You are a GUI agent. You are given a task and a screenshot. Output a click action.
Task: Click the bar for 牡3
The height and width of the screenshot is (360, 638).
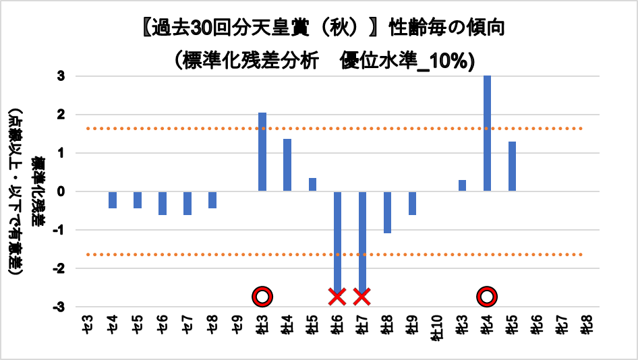tap(262, 152)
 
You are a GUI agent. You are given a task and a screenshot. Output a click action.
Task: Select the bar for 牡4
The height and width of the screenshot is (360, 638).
tap(287, 165)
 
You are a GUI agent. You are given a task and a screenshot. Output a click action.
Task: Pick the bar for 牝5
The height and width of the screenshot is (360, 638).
tap(512, 167)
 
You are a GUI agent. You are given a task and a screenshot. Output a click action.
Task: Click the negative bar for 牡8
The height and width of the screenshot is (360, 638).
tap(387, 212)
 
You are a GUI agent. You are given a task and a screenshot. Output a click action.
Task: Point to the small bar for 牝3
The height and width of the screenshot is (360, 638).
tap(462, 185)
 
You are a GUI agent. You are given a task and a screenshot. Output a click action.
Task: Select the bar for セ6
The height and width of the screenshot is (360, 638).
tap(163, 203)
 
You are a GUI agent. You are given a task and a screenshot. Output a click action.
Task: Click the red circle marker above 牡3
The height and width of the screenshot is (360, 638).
tap(262, 296)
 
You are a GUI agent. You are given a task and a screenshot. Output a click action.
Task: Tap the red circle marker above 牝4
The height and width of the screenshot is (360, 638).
tap(487, 296)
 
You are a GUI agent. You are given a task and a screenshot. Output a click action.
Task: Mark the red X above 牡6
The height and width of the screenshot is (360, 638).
tap(337, 296)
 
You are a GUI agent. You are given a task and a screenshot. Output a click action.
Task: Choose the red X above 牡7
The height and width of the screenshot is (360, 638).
tap(362, 296)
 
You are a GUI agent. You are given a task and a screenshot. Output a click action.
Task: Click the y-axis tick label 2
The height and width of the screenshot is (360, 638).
tap(61, 115)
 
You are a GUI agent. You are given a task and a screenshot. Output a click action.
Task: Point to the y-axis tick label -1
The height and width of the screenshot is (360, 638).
tap(59, 230)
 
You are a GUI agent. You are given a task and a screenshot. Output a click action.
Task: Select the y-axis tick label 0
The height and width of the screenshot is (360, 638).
tap(61, 191)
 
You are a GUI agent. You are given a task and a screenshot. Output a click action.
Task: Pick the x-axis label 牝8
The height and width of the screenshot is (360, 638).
tap(587, 326)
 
